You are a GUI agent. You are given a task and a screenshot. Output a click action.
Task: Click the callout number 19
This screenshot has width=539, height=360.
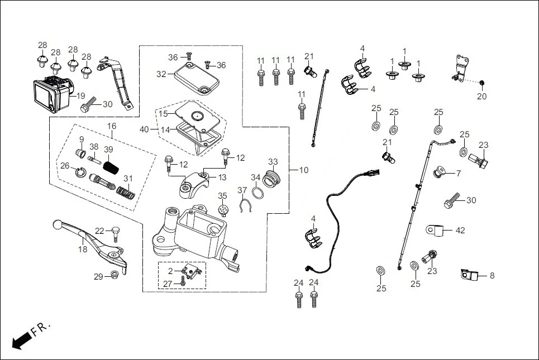(81, 95)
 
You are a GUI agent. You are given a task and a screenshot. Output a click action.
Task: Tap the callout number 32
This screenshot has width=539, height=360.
(161, 74)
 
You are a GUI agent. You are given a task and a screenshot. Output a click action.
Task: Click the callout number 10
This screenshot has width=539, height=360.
(303, 170)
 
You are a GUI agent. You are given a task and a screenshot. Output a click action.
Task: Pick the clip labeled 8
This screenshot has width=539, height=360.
(468, 275)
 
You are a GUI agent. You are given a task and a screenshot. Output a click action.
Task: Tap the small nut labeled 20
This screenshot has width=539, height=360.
(482, 84)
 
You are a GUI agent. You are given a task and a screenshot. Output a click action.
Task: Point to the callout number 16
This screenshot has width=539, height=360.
(112, 126)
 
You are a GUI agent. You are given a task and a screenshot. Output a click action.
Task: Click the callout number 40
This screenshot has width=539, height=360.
(144, 129)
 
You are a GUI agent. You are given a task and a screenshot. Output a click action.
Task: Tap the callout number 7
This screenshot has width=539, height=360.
(458, 174)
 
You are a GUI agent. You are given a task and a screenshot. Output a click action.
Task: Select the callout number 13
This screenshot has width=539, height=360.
(222, 177)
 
